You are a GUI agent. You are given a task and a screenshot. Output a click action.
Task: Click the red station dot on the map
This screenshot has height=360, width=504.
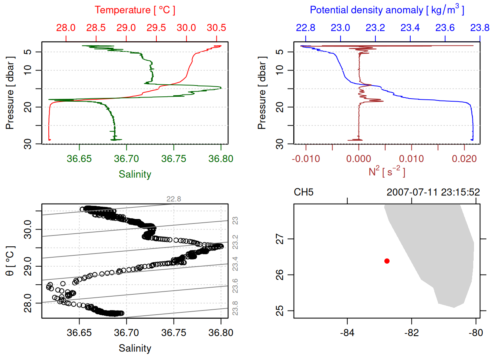coord(387,261)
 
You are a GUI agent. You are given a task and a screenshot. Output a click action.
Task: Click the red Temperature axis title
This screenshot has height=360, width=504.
coord(135,10)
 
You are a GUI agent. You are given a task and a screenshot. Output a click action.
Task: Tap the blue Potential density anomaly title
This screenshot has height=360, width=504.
coord(387,10)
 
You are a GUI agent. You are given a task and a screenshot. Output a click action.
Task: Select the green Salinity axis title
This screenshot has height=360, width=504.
coord(135,174)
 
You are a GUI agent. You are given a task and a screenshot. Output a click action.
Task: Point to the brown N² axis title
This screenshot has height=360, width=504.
coord(387,172)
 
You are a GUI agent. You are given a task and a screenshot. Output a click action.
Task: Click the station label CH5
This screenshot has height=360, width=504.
coord(303,192)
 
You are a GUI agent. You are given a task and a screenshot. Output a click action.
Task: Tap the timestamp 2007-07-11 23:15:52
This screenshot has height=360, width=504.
coord(433,192)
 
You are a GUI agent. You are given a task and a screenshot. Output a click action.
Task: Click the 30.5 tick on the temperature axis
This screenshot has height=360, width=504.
coord(216,28)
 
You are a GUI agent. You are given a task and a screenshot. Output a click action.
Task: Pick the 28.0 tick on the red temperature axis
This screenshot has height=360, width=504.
coord(66,28)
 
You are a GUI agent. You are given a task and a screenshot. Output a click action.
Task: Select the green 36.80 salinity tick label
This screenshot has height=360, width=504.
coord(220,159)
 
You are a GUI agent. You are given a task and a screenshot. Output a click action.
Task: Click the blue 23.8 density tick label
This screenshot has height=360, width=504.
coord(480,28)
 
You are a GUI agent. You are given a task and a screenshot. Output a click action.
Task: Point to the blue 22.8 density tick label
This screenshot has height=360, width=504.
coord(306,28)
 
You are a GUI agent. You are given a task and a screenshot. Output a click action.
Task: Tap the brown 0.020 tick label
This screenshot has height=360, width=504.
coord(464,159)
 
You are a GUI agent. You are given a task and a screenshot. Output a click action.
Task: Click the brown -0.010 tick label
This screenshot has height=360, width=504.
coord(306,159)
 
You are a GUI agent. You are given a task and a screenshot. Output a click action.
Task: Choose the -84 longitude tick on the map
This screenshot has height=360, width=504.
coord(347,333)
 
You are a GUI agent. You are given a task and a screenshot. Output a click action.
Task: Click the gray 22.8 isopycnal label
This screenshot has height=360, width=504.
coord(174,199)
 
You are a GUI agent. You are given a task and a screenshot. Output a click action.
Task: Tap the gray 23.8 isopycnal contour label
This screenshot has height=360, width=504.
coord(235,308)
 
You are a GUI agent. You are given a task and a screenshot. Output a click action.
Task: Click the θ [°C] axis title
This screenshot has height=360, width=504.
coord(10,261)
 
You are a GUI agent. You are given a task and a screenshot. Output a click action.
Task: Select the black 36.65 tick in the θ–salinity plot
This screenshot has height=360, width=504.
coord(79,333)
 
